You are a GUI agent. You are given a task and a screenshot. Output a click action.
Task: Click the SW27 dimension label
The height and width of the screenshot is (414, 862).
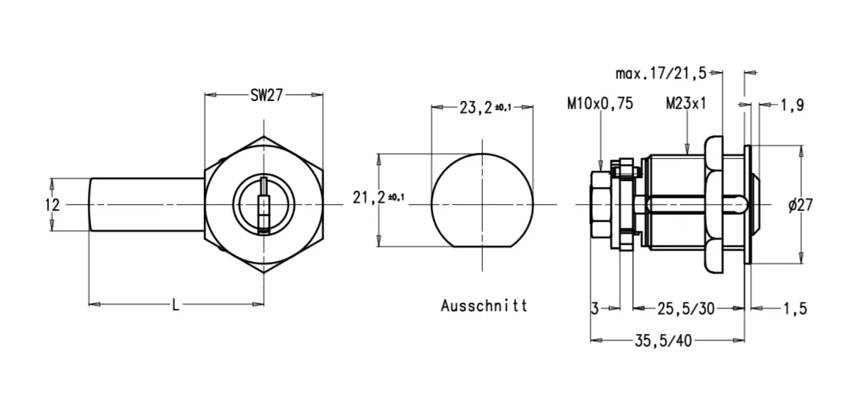[x=265, y=95]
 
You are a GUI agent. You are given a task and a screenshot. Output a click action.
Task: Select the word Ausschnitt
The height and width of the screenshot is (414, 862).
[x=484, y=306]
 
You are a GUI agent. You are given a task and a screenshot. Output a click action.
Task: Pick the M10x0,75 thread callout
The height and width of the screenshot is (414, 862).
[x=600, y=105]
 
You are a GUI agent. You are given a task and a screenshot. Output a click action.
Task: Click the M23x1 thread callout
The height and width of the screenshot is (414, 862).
[x=686, y=105]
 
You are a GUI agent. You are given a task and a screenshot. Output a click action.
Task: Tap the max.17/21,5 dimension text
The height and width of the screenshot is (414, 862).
[x=660, y=73]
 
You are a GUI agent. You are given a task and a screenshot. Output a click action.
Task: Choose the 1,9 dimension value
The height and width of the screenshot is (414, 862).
[x=792, y=106]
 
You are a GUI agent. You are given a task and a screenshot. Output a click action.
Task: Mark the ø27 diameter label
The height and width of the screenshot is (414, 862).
[x=799, y=206]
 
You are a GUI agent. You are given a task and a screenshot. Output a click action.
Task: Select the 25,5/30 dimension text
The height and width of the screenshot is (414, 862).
[x=686, y=309]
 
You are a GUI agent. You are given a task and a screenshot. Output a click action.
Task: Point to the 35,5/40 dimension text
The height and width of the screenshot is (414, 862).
[x=663, y=341]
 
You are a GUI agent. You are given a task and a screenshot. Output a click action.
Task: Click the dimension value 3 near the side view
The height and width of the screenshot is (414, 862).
[x=595, y=309]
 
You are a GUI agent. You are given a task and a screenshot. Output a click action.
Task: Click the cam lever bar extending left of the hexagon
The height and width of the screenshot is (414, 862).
[x=146, y=205]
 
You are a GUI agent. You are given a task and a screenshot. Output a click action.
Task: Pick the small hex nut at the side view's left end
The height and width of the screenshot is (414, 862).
[x=599, y=204]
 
